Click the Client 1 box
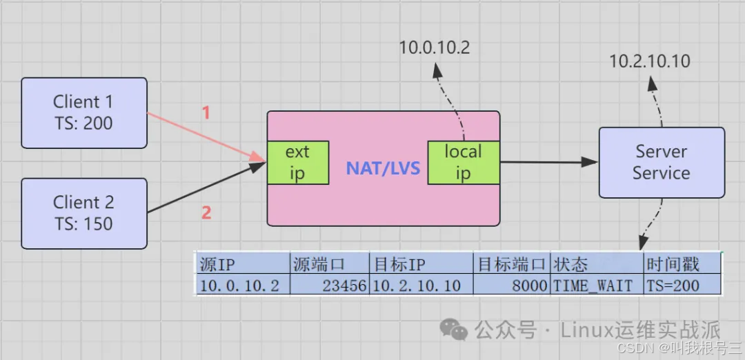[83, 112]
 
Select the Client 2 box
[83, 213]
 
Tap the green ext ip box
[297, 163]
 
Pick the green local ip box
[463, 163]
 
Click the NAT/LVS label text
[383, 168]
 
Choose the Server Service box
[661, 162]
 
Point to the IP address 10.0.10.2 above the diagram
[434, 48]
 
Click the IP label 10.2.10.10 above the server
[649, 61]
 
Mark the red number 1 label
[205, 113]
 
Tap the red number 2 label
[206, 212]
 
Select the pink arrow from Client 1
[207, 139]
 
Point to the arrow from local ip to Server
[548, 162]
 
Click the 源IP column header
[218, 264]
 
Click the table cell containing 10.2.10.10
[417, 286]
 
